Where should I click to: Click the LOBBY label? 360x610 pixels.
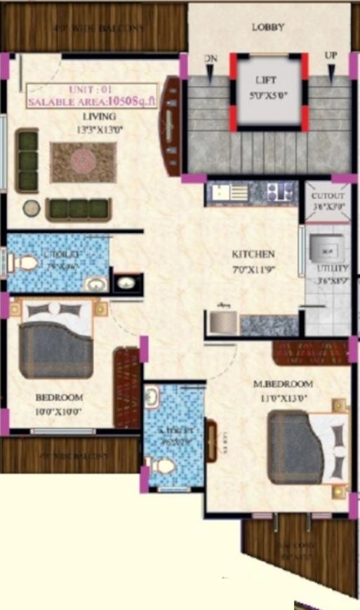(268, 27)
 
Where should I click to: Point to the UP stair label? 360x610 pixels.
(331, 55)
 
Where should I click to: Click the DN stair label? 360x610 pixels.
(209, 59)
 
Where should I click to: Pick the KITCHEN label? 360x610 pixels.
(253, 254)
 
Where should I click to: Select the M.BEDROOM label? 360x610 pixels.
(284, 384)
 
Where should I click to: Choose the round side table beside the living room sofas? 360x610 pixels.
(30, 208)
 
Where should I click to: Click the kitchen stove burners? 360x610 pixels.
(281, 191)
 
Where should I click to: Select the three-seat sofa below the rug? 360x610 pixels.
(78, 208)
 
